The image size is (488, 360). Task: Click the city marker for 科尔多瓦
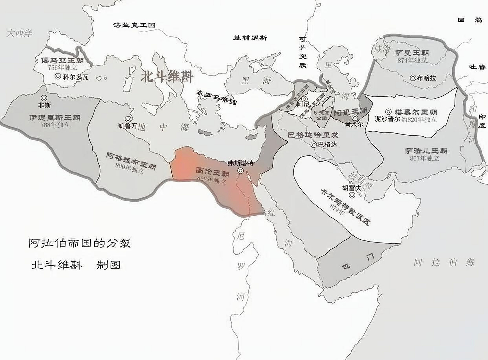(x=58, y=76)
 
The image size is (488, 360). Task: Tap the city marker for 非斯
(x=44, y=98)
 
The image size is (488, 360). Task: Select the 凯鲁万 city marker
(x=128, y=119)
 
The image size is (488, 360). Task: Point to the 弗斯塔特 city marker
(x=241, y=170)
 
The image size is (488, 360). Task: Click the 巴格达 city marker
(x=314, y=145)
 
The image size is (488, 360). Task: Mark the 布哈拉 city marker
(x=413, y=78)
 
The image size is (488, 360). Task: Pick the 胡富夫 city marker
(x=352, y=195)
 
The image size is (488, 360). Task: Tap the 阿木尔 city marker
(x=355, y=117)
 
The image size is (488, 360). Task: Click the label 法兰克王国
(x=134, y=25)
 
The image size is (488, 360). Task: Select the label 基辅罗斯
(x=250, y=38)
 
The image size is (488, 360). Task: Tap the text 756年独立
(x=62, y=67)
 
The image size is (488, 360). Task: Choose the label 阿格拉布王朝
(x=131, y=161)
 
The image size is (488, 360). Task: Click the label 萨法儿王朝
(x=426, y=151)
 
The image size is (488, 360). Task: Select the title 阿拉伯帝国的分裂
(x=80, y=243)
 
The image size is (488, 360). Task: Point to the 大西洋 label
(x=19, y=33)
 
